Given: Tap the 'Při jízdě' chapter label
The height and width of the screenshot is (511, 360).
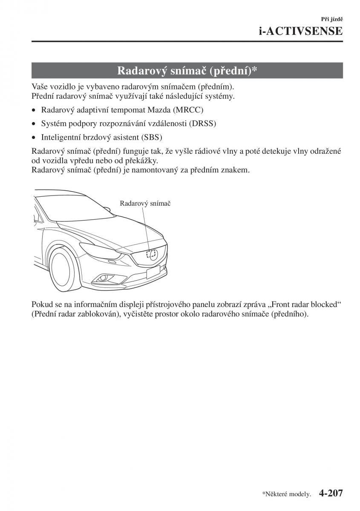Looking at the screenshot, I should coord(333,19).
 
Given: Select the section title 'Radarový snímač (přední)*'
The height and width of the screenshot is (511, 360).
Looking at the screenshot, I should coord(187,70).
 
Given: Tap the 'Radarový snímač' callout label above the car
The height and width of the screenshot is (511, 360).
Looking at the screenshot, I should coord(145,204).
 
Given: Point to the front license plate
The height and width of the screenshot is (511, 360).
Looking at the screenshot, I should coord(153,271).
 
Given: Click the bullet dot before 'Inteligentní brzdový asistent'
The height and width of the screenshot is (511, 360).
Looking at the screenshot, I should coord(34,138).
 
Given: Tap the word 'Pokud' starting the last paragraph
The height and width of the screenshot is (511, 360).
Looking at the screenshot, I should coord(41,305).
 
